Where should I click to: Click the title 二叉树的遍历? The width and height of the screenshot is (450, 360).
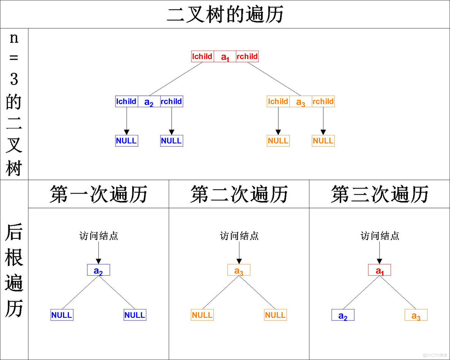coord(225,15)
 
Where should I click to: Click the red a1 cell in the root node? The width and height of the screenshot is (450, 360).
coord(225,57)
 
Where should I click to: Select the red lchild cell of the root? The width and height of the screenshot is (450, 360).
coord(203,57)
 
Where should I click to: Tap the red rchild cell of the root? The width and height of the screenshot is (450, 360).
coord(247,57)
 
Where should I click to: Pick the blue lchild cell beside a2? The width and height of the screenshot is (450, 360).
coord(127,101)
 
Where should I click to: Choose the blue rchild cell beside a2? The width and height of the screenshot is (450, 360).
coord(171,101)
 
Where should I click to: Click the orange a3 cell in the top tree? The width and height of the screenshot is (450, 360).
coord(301,102)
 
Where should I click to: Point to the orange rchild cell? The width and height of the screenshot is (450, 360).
coord(323,101)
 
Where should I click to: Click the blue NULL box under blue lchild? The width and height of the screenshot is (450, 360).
coord(127,141)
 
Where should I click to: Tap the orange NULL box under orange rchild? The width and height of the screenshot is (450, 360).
coord(323,141)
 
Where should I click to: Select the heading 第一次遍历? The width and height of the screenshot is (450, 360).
coord(98,194)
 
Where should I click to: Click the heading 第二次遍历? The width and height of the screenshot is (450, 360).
coord(239,194)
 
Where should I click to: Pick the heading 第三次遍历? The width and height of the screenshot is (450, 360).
coord(380,194)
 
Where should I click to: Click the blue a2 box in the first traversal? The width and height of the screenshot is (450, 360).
coord(98,270)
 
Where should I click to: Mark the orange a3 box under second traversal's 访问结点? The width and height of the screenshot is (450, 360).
coord(239,270)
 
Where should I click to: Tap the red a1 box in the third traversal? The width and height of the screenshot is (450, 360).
coord(380,270)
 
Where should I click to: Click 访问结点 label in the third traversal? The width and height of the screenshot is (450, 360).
coord(380,236)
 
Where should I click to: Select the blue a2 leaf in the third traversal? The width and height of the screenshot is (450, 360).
coord(343,316)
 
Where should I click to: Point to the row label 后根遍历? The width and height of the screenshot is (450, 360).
coord(14,270)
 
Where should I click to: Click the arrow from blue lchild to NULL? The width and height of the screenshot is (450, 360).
coord(127,121)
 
